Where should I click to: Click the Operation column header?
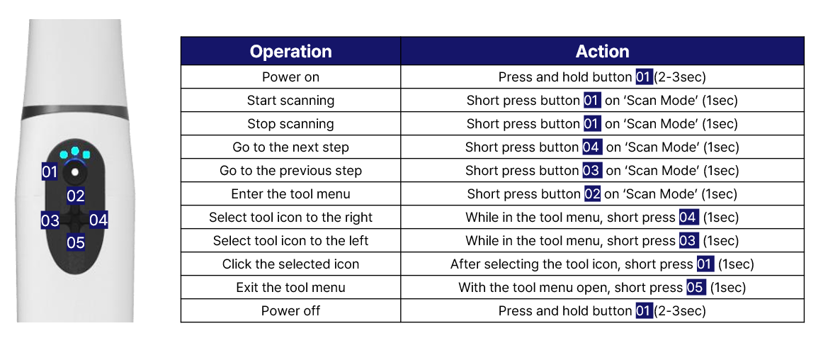(x=290, y=51)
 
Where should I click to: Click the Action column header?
(x=602, y=51)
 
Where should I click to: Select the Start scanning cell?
(x=290, y=101)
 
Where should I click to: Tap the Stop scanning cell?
(x=290, y=123)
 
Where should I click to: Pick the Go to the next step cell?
(x=290, y=147)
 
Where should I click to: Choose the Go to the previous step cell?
(x=290, y=170)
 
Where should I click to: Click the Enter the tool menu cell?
(x=290, y=194)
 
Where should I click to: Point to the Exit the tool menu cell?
(x=290, y=288)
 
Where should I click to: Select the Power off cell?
(x=290, y=310)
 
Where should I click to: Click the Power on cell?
(x=290, y=77)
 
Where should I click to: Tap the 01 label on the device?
(x=50, y=171)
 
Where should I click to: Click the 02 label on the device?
(x=76, y=196)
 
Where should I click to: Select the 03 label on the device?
(x=50, y=220)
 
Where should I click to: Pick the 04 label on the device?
(x=98, y=220)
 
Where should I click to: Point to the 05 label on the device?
(x=76, y=243)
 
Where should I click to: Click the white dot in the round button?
(x=76, y=172)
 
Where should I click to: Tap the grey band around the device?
(x=75, y=111)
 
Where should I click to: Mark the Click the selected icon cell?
(x=290, y=264)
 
